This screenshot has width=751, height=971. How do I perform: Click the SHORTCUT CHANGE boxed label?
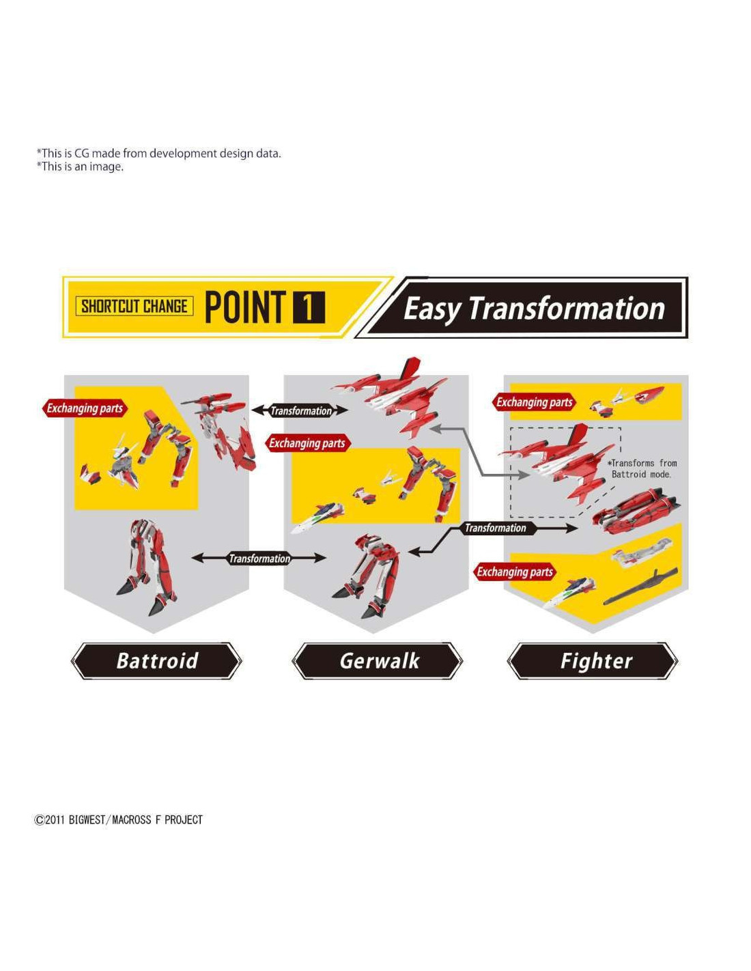tap(134, 307)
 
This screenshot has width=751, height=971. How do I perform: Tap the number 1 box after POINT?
tap(309, 307)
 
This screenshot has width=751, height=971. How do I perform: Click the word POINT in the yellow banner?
tap(245, 307)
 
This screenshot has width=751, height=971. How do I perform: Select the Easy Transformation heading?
tap(534, 309)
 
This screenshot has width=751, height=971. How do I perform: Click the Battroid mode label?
tap(156, 661)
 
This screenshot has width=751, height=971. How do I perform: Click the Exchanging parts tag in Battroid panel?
tap(84, 408)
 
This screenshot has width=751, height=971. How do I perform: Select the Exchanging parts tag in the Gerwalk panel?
tap(307, 443)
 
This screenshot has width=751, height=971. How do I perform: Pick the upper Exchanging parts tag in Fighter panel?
tap(534, 402)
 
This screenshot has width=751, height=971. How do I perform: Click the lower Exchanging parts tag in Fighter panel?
tap(514, 572)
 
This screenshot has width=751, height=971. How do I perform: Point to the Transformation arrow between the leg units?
tap(259, 558)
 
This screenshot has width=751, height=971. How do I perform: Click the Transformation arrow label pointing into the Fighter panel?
tap(495, 528)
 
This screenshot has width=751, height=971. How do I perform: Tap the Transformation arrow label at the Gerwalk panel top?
tap(301, 410)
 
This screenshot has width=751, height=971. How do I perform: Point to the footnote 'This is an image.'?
tap(81, 167)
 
